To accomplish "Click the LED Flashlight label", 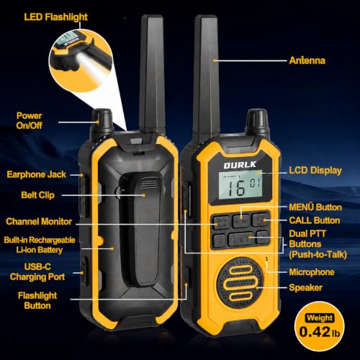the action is coord(55,17).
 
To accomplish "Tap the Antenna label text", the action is coord(307,60).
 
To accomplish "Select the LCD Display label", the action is coord(315,171).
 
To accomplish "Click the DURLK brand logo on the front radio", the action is coord(240,165).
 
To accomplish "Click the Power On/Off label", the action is coord(30,120).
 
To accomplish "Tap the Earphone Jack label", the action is coord(36,174).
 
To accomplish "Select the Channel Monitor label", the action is coord(39,222).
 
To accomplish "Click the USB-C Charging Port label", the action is coord(37,272).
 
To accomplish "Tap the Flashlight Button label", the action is coord(37,300).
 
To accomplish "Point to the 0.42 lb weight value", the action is coord(320,332).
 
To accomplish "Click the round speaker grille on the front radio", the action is coord(239,283).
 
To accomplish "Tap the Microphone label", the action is coord(312,272).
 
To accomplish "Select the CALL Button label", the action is coord(315,220).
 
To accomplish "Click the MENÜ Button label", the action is coord(315,207).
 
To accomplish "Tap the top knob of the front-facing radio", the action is coord(257,120).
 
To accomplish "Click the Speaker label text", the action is coord(305,287).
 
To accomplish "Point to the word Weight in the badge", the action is coord(320,318).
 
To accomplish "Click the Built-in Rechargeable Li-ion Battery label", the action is coord(40,245).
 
